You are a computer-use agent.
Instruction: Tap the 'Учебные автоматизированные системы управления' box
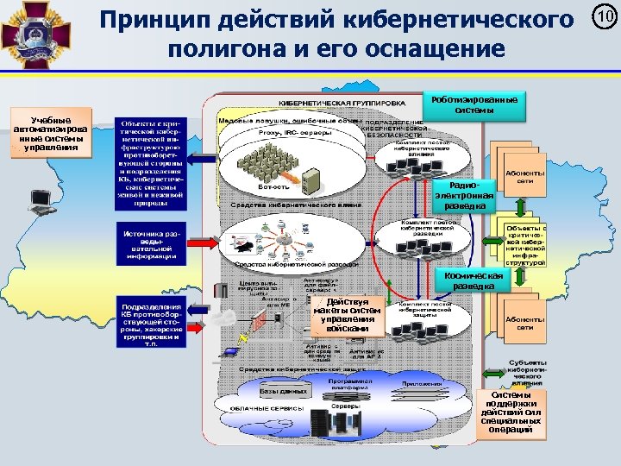point(50,134)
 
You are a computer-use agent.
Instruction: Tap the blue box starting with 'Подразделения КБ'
point(151,324)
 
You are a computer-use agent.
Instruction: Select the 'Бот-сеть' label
point(273,186)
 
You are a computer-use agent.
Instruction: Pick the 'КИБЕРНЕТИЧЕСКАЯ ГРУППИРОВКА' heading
point(341,102)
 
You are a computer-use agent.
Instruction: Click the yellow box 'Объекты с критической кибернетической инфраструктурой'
point(524,239)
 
